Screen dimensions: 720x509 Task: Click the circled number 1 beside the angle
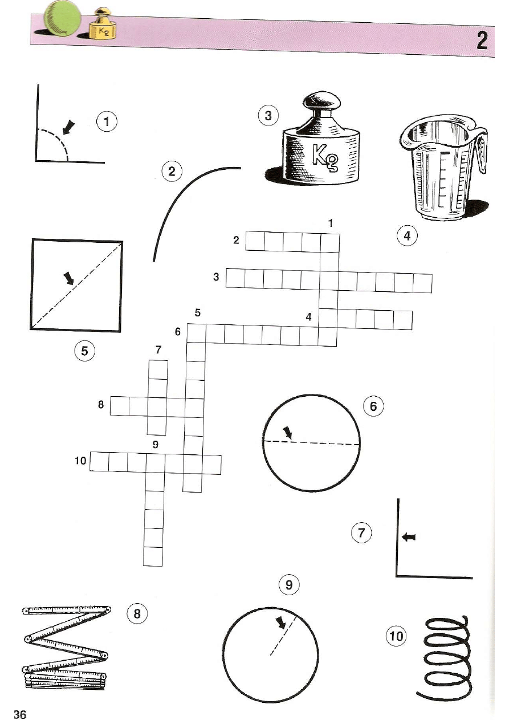107,122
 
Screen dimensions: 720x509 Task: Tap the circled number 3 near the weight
268,116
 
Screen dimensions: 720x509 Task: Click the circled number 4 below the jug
407,236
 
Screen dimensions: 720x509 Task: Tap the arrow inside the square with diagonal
69,278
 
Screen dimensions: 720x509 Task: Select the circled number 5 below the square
84,351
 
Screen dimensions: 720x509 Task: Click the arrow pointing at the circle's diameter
288,433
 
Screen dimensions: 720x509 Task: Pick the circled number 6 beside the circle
373,406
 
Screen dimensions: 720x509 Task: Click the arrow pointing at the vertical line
409,536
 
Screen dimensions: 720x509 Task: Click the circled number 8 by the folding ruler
137,614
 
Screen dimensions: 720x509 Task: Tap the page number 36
20,713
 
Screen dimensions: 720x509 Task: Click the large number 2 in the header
482,42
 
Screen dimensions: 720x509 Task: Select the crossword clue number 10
80,461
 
